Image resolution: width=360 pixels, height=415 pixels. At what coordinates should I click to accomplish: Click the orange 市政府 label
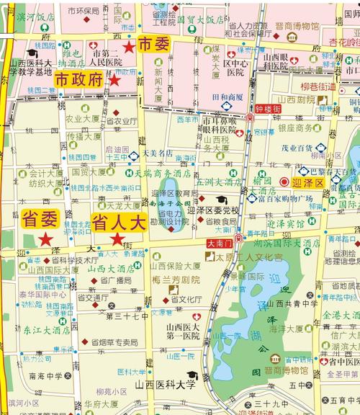click(79, 79)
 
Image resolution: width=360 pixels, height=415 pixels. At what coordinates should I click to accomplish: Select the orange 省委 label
click(40, 218)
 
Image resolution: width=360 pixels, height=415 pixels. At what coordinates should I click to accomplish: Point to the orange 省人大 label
click(118, 222)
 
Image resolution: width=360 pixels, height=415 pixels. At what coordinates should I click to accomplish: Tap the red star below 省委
click(45, 238)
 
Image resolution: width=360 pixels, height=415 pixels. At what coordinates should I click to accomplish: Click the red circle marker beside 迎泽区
click(284, 182)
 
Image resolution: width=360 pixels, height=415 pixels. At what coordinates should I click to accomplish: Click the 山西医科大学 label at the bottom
click(165, 385)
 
